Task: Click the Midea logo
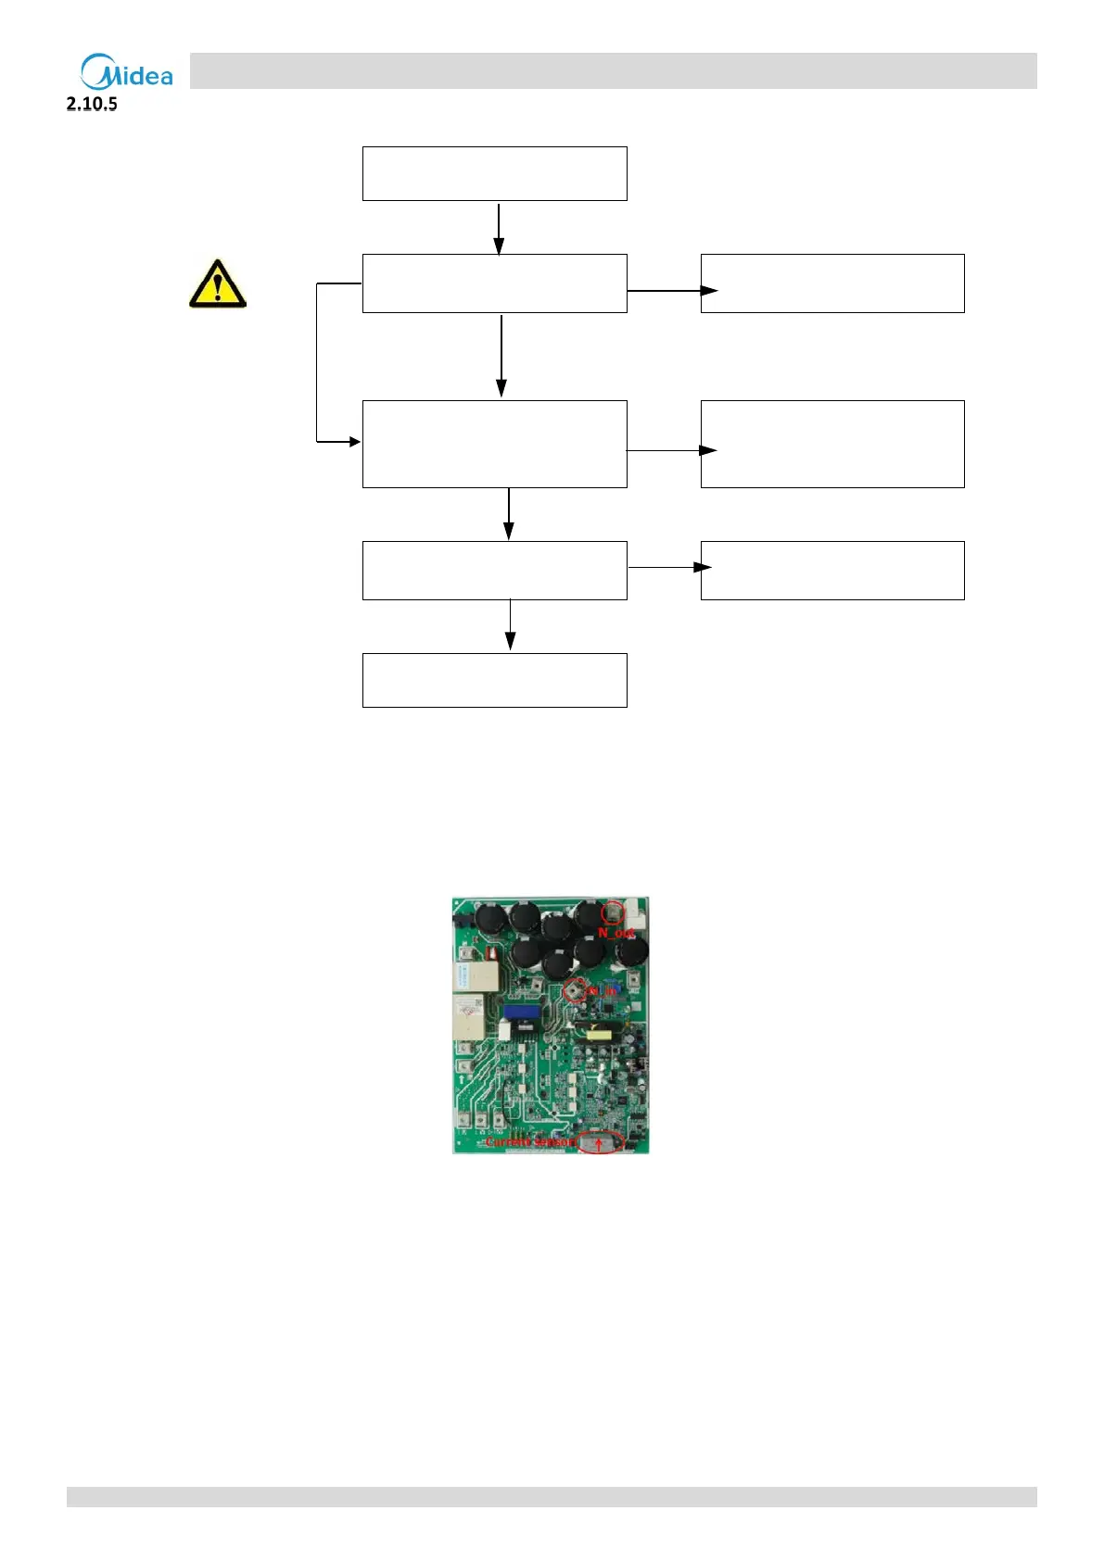(127, 71)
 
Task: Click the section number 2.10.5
(92, 104)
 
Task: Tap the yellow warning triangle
(217, 283)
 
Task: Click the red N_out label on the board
(615, 933)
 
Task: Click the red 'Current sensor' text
(530, 1142)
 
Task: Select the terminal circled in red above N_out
(613, 912)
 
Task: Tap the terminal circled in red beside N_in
(575, 990)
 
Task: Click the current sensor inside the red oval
(600, 1141)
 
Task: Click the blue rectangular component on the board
(522, 1013)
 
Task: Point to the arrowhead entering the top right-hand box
(709, 291)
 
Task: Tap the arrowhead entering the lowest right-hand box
(704, 567)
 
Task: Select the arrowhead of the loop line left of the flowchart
(354, 442)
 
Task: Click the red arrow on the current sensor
(600, 1145)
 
